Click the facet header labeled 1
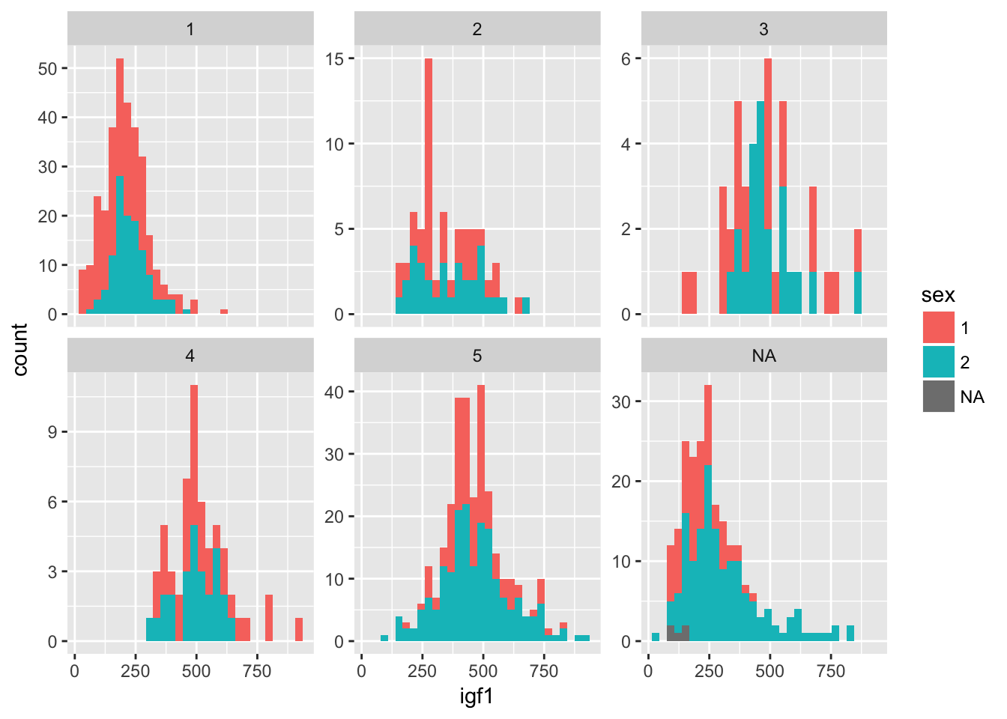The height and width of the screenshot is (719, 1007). [x=190, y=29]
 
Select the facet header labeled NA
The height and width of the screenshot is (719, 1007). [x=763, y=356]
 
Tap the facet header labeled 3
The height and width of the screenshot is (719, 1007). [x=763, y=29]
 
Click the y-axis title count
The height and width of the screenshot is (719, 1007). [x=20, y=349]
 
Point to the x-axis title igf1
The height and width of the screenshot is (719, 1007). [x=477, y=697]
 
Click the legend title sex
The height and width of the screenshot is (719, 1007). [x=938, y=295]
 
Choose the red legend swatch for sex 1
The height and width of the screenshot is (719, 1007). [x=938, y=328]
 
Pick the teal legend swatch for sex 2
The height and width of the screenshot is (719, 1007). [x=938, y=362]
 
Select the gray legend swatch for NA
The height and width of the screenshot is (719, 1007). [x=938, y=396]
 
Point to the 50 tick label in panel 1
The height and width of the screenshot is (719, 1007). [x=47, y=68]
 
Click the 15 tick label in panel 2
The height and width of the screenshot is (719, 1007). [x=335, y=58]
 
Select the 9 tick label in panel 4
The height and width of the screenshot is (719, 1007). [x=52, y=432]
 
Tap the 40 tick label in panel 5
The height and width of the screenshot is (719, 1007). [x=335, y=392]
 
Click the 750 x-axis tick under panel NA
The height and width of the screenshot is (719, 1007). [x=830, y=671]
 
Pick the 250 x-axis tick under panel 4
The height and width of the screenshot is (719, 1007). [x=136, y=671]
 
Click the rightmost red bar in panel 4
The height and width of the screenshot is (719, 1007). [x=299, y=630]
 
